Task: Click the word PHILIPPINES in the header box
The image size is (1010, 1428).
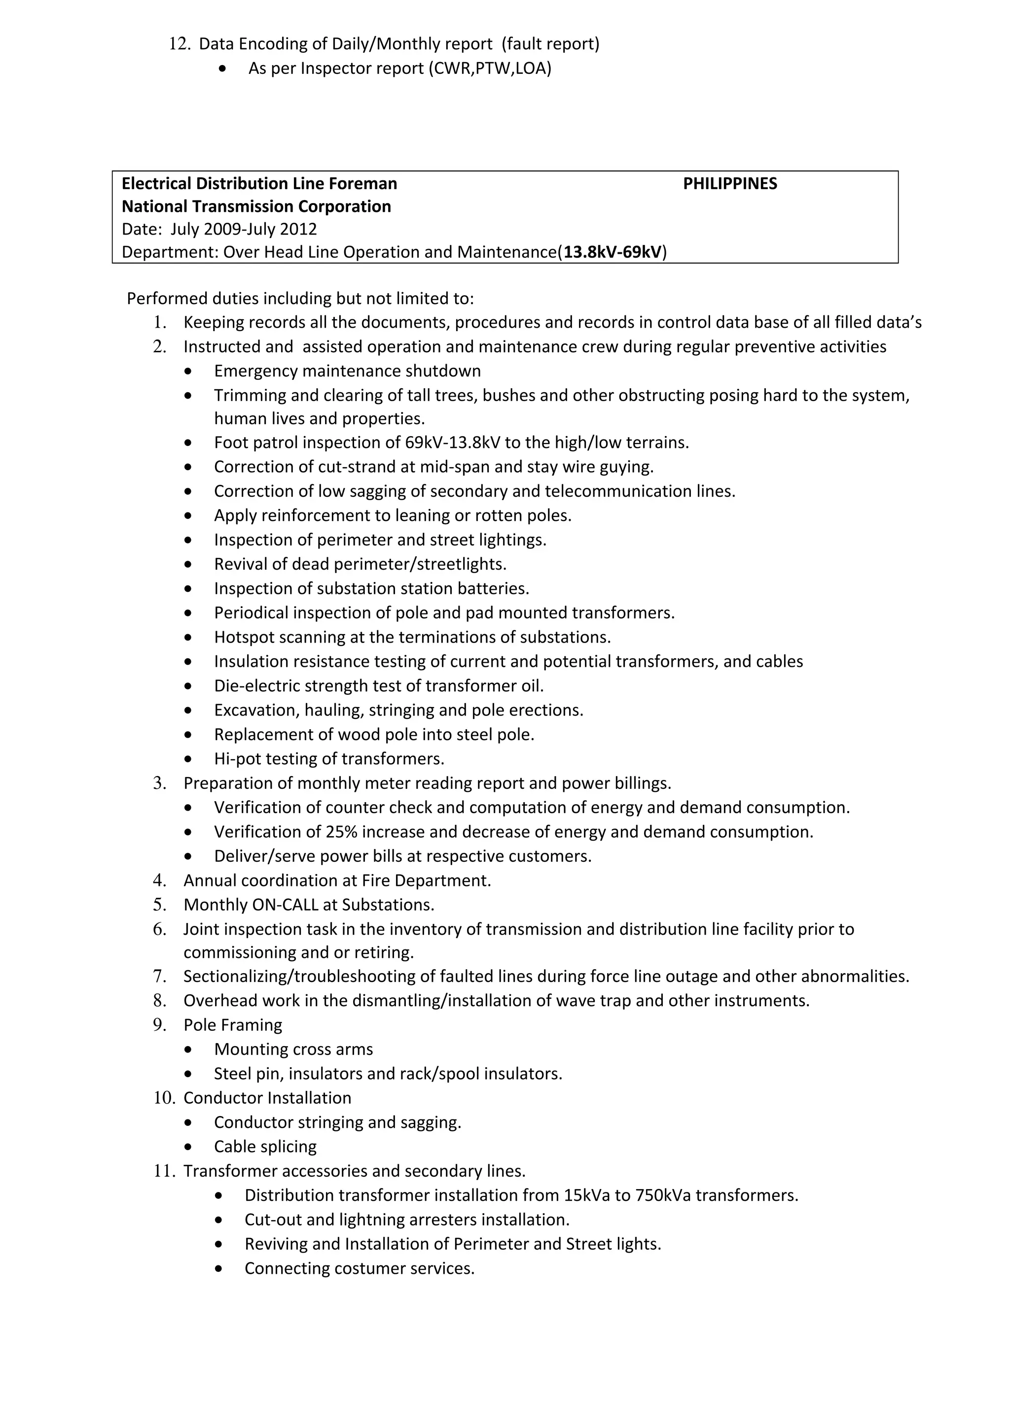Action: coord(729,183)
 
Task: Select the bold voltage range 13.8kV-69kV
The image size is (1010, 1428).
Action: coord(613,252)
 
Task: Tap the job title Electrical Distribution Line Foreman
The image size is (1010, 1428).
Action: coord(259,183)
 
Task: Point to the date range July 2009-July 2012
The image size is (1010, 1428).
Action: coord(243,229)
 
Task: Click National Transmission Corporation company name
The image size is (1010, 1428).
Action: coord(256,206)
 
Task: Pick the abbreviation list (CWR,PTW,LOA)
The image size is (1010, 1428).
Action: coord(490,68)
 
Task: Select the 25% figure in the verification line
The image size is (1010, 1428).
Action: coord(340,832)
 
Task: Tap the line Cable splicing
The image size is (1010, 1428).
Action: coord(265,1146)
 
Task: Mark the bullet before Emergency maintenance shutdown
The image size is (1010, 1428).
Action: coord(188,372)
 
